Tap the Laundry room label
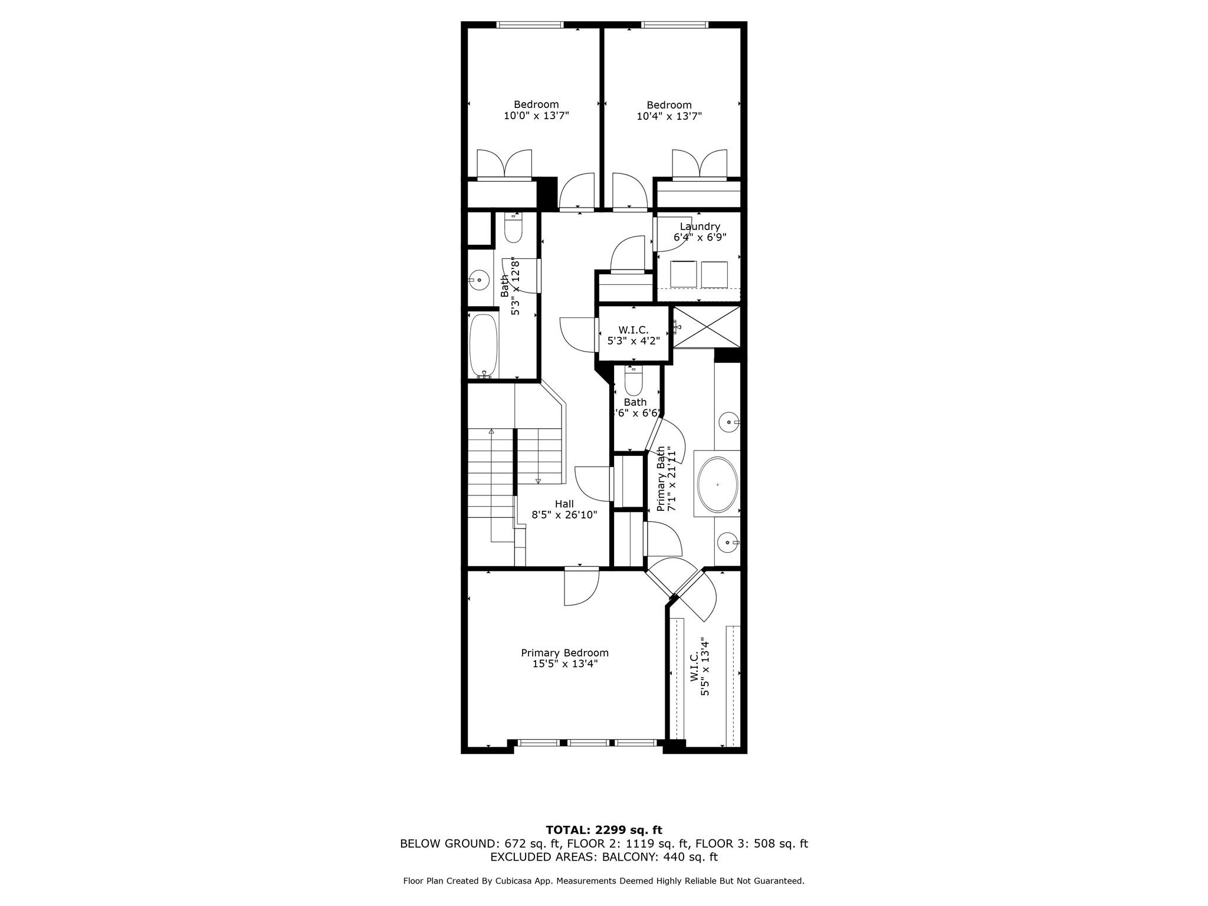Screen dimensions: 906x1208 point(700,226)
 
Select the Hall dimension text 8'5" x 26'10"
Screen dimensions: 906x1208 point(564,515)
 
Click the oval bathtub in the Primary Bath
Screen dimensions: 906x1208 point(717,484)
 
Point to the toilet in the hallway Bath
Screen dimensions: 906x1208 point(513,229)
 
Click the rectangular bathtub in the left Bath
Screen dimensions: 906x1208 point(484,345)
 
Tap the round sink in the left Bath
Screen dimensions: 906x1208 point(479,280)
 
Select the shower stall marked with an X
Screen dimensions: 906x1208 point(707,327)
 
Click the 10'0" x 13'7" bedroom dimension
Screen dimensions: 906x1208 point(536,116)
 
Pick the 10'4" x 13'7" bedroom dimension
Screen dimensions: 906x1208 point(669,116)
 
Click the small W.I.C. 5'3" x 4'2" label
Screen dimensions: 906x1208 point(633,336)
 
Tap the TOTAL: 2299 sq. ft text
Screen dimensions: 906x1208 point(604,830)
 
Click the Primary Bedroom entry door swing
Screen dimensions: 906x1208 point(581,587)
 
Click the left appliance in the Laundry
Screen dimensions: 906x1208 point(684,274)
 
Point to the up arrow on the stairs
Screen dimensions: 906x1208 point(491,432)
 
